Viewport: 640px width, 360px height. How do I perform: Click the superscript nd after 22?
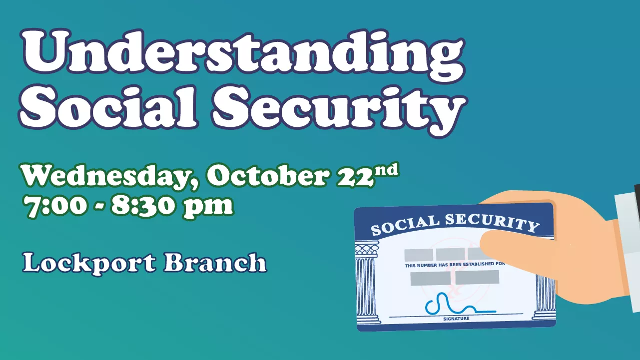(x=386, y=171)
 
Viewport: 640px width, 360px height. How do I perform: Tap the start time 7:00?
(x=55, y=205)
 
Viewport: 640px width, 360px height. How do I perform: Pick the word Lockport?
(x=89, y=263)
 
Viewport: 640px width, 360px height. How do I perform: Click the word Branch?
(x=215, y=262)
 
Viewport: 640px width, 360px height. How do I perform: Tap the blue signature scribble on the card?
(x=460, y=304)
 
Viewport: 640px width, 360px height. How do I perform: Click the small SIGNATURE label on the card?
(x=456, y=319)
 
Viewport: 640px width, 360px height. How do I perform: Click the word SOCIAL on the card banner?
(x=405, y=225)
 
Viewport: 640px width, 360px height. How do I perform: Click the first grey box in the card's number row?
(x=419, y=255)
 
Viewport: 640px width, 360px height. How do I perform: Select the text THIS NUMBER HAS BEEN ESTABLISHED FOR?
(x=455, y=265)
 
